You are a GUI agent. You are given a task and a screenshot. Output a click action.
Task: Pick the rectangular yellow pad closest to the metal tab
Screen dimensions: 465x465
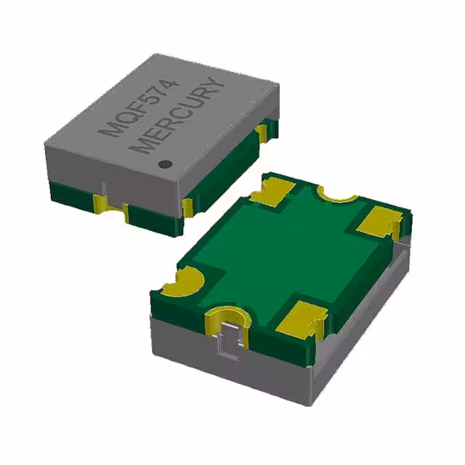pos(299,320)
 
